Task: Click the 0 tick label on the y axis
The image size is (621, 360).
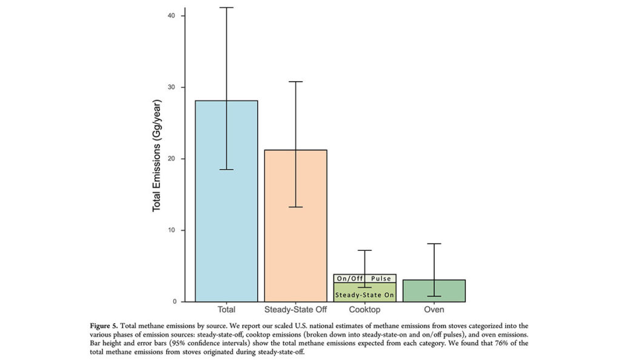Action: click(174, 302)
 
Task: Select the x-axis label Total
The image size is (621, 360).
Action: click(226, 310)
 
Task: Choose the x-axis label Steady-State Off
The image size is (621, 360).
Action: click(295, 310)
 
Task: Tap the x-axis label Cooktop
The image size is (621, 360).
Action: click(364, 310)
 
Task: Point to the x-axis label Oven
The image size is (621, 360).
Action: click(434, 310)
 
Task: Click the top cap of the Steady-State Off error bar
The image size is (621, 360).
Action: click(295, 81)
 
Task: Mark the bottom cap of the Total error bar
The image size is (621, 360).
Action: click(226, 170)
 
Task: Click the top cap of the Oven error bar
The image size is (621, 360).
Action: click(434, 244)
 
